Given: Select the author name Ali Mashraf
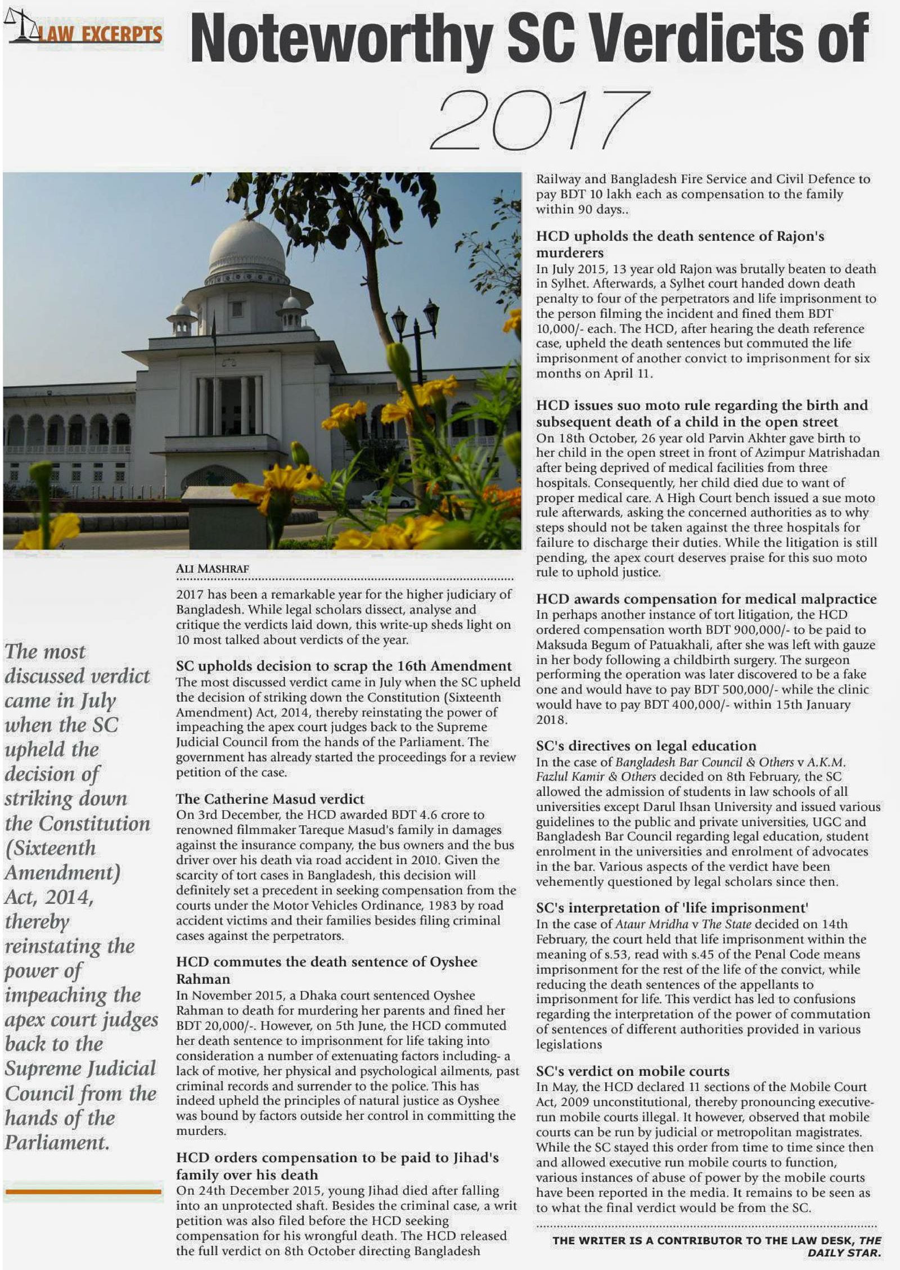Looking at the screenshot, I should (212, 569).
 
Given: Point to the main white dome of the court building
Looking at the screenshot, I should (247, 250).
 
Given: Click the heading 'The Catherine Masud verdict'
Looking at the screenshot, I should (270, 799).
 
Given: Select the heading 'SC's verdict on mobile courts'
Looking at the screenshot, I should (632, 1071).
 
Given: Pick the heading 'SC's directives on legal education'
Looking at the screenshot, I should (646, 746).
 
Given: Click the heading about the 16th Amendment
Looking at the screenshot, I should (344, 666).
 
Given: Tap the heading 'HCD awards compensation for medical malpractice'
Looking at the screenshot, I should (706, 599).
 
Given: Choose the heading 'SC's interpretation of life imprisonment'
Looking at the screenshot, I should (672, 908).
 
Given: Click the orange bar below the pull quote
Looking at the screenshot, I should (83, 1191).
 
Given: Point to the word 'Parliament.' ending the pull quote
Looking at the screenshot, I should (57, 1142).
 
